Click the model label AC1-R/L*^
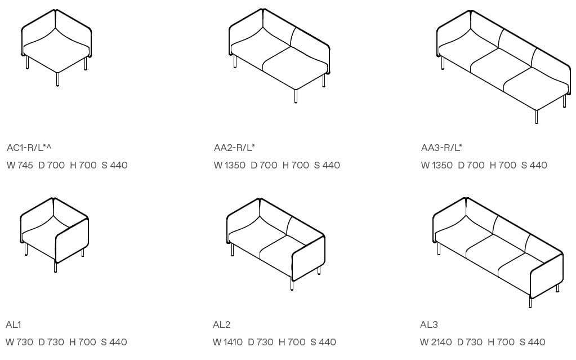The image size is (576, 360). [29, 148]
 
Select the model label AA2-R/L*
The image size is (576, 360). [234, 148]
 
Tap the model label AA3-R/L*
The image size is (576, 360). [441, 148]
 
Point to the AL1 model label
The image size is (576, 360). [13, 325]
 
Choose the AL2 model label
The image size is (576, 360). [221, 325]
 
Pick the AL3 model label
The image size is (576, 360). [429, 325]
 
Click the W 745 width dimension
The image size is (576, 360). [20, 166]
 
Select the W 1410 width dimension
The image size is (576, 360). [228, 343]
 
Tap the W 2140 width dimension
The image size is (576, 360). [436, 343]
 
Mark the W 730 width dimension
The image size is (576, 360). [20, 343]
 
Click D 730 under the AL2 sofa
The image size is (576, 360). [261, 343]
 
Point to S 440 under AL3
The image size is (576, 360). [532, 343]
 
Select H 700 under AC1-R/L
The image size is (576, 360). [83, 166]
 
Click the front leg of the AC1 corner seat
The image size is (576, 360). [57, 79]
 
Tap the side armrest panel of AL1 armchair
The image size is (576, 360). [72, 241]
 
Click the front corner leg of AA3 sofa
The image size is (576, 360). [537, 117]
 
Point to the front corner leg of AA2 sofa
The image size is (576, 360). [296, 96]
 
